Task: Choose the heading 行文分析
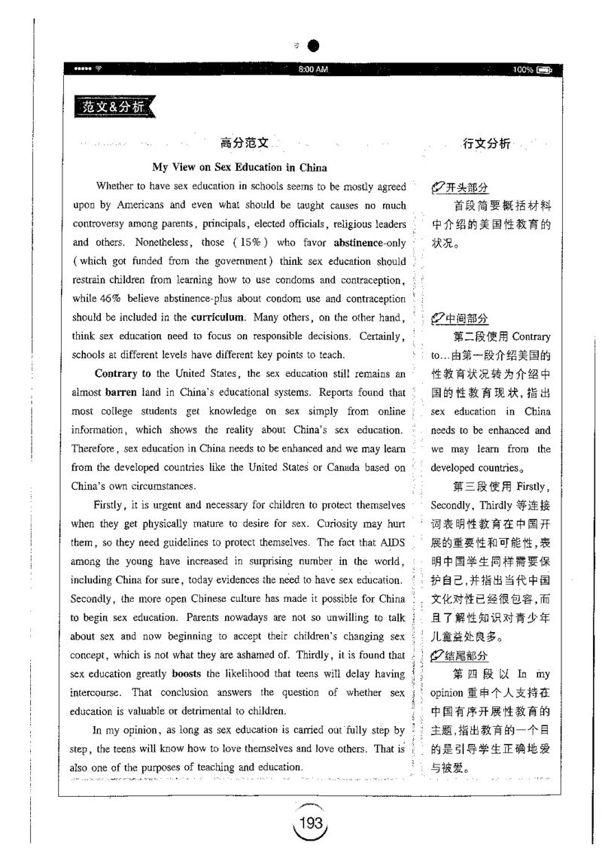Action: click(x=487, y=143)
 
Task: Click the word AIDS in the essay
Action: click(x=391, y=540)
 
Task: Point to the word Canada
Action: click(x=326, y=467)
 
